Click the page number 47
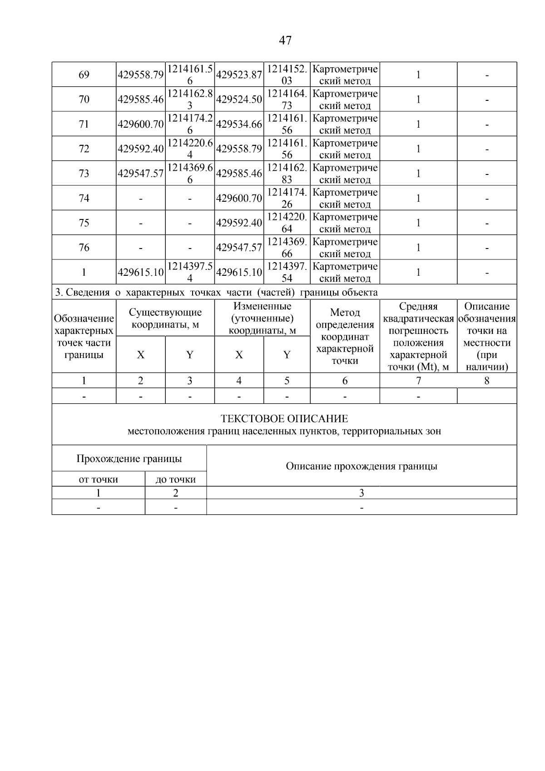point(285,40)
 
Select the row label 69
point(84,75)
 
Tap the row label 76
point(84,247)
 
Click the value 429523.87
point(239,75)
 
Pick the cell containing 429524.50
point(239,99)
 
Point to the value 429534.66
point(239,124)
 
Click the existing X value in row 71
point(141,124)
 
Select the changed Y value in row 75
point(287,223)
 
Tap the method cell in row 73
point(345,174)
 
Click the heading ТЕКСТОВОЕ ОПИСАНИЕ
point(284,418)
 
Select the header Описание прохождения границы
point(362,466)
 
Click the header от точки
point(99,479)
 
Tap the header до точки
point(176,479)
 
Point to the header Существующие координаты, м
point(165,318)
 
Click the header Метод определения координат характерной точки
point(345,337)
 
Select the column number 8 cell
point(486,381)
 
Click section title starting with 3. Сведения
point(216,293)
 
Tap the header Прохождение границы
point(129,458)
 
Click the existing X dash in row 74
point(141,199)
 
